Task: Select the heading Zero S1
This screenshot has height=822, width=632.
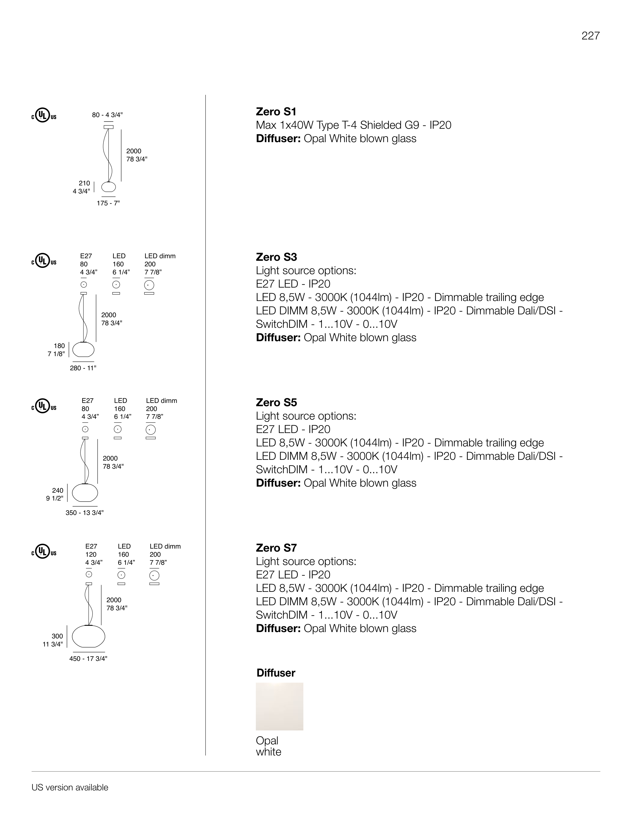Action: click(276, 112)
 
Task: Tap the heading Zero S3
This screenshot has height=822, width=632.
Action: click(276, 257)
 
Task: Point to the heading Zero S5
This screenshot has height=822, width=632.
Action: click(276, 402)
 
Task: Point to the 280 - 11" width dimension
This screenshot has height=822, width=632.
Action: click(83, 368)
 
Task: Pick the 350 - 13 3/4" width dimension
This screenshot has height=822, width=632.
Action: click(85, 513)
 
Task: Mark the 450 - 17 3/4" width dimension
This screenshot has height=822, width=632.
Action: click(88, 659)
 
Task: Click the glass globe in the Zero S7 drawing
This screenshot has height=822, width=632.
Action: click(88, 636)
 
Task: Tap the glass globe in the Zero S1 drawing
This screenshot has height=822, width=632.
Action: click(109, 187)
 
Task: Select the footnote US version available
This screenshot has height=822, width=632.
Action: click(70, 787)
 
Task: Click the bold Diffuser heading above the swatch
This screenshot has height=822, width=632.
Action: click(276, 673)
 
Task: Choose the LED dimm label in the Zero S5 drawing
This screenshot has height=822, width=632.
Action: click(161, 401)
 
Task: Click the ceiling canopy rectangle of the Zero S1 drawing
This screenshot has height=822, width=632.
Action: click(108, 127)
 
